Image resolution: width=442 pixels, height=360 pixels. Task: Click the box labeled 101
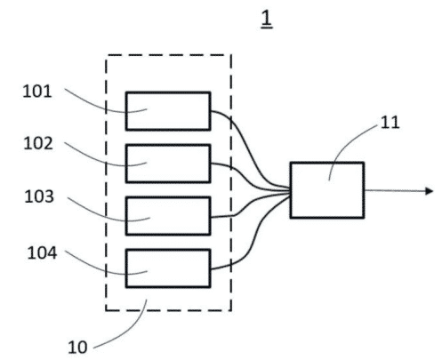tap(167, 110)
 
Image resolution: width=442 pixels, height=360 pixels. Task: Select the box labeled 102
tap(167, 163)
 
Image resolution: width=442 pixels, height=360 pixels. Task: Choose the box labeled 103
tap(167, 215)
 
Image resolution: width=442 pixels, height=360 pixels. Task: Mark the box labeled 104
tap(167, 268)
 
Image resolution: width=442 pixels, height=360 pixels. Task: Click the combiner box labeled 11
tap(326, 189)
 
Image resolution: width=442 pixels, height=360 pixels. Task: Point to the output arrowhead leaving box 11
tap(430, 190)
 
